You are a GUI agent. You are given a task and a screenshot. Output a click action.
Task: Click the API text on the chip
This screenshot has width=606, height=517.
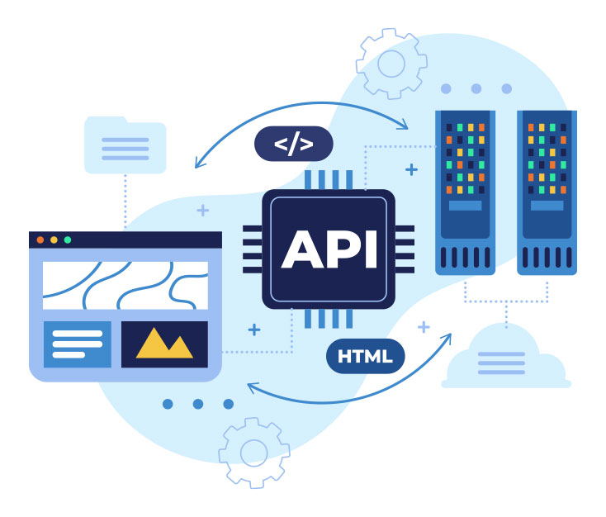click(329, 247)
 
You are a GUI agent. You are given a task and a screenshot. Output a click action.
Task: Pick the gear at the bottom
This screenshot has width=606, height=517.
click(253, 453)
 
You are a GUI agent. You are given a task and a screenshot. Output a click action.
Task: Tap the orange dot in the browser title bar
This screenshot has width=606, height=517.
click(40, 240)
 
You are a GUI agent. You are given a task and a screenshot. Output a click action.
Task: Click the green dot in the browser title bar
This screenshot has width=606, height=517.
click(68, 240)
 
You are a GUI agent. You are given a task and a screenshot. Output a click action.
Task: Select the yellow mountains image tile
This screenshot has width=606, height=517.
click(164, 344)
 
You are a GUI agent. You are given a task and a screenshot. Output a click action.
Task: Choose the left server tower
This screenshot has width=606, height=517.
click(465, 192)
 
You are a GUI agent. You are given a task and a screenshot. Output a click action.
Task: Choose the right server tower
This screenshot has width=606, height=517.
click(547, 192)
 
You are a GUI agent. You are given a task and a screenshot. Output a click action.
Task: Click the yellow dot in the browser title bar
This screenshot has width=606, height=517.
click(54, 240)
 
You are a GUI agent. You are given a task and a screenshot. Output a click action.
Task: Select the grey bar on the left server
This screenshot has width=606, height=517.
click(465, 205)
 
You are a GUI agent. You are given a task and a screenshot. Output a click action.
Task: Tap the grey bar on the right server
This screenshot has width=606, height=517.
click(547, 205)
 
